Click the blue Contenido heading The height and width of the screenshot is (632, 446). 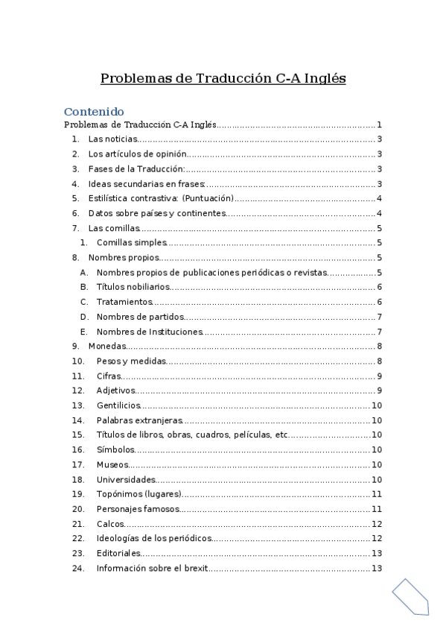(x=94, y=112)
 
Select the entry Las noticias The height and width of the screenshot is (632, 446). (x=112, y=139)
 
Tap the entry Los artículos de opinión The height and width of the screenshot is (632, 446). (x=137, y=154)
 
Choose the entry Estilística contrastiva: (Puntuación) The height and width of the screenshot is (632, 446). (x=161, y=198)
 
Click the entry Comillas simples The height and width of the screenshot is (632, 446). (x=131, y=242)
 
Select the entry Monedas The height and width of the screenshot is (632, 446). (x=106, y=346)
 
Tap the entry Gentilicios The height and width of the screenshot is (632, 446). (x=118, y=405)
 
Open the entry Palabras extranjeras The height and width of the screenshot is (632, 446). (x=139, y=420)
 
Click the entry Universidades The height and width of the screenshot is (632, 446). (x=126, y=479)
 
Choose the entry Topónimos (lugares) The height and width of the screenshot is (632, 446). (x=138, y=494)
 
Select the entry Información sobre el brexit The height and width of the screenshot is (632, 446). (x=152, y=569)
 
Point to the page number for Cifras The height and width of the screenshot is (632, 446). (x=379, y=376)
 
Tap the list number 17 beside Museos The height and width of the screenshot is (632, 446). (x=78, y=464)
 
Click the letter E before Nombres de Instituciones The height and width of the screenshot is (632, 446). (x=83, y=332)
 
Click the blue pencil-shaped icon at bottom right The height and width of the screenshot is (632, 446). (x=410, y=596)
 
